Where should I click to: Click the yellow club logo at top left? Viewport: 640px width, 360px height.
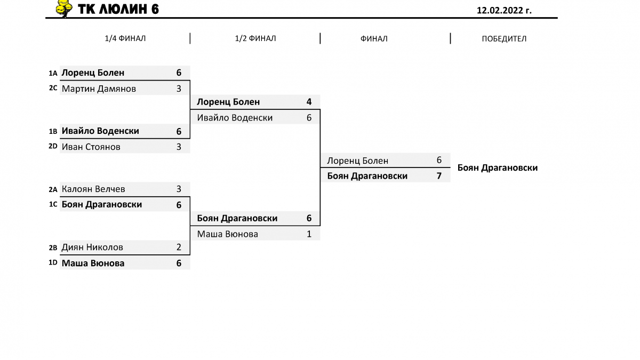click(63, 8)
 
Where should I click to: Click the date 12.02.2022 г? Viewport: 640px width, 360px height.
click(504, 10)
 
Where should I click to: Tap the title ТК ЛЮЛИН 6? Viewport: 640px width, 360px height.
click(118, 9)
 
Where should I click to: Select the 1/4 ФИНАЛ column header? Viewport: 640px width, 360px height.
click(125, 38)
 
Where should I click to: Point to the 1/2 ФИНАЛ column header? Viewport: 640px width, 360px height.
click(255, 38)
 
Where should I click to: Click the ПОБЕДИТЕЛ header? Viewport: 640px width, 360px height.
click(504, 38)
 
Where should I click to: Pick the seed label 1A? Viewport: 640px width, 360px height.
click(53, 74)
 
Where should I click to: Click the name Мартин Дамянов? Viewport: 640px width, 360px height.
click(99, 89)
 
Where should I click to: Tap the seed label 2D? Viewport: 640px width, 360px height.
click(53, 146)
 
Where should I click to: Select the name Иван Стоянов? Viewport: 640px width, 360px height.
click(91, 147)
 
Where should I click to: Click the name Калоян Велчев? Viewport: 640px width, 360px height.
click(93, 189)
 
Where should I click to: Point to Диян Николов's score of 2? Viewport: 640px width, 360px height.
click(179, 247)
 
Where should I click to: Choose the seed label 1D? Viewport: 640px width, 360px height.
click(53, 262)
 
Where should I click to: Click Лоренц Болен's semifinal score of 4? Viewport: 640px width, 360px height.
click(309, 102)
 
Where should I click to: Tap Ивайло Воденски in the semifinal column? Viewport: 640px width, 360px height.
click(235, 118)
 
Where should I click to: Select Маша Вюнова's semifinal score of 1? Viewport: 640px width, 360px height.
click(309, 234)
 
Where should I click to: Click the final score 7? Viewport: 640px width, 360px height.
click(439, 175)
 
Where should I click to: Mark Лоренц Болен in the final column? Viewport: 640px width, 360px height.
click(357, 161)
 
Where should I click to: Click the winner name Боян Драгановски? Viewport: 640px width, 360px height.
click(498, 167)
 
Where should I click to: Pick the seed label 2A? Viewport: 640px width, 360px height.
click(53, 189)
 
